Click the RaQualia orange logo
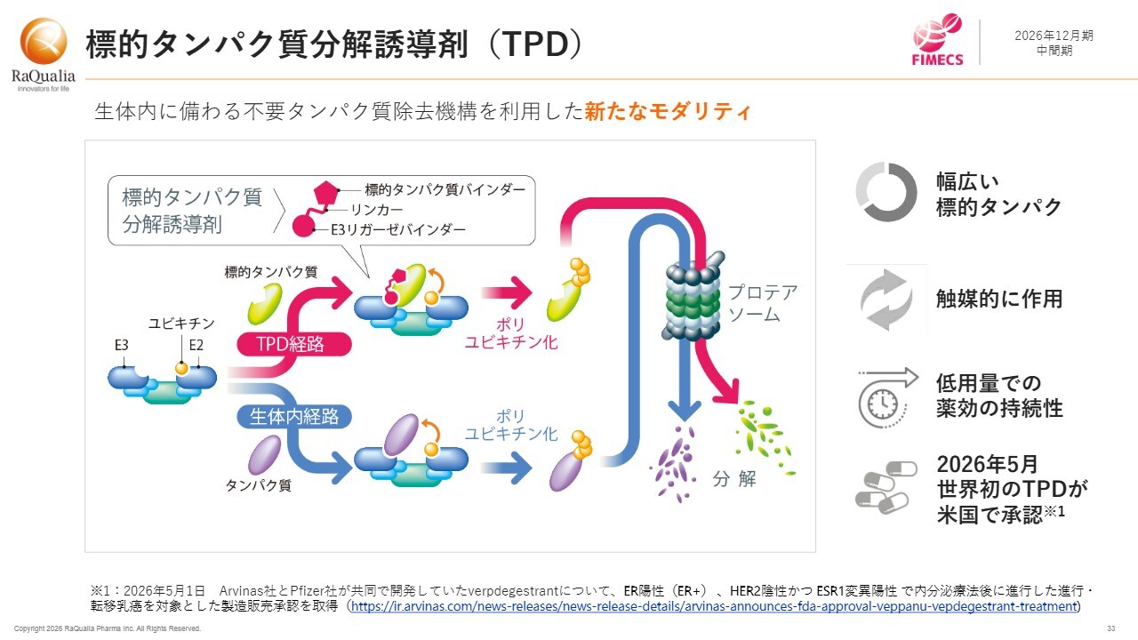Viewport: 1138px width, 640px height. point(44,42)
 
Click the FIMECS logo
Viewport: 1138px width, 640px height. point(937,40)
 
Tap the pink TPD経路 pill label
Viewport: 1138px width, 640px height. point(294,344)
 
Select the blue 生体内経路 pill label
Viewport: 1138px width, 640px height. point(294,417)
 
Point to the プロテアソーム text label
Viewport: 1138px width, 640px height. point(763,303)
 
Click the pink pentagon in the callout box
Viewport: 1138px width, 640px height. point(325,193)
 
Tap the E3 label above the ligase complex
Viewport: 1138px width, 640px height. point(122,346)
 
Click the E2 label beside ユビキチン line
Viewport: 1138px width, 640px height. point(196,346)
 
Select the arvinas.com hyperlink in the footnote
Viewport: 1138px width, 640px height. point(714,606)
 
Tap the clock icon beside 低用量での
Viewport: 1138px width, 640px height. point(887,398)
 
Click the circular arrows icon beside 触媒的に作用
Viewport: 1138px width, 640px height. point(886,300)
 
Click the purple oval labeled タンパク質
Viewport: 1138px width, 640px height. point(265,454)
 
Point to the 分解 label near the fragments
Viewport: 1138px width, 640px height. point(734,478)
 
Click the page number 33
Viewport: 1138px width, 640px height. point(1111,628)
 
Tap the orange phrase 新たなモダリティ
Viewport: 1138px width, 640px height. point(668,111)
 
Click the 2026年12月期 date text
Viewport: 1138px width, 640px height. point(1054,36)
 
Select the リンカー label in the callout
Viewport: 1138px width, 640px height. point(376,210)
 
